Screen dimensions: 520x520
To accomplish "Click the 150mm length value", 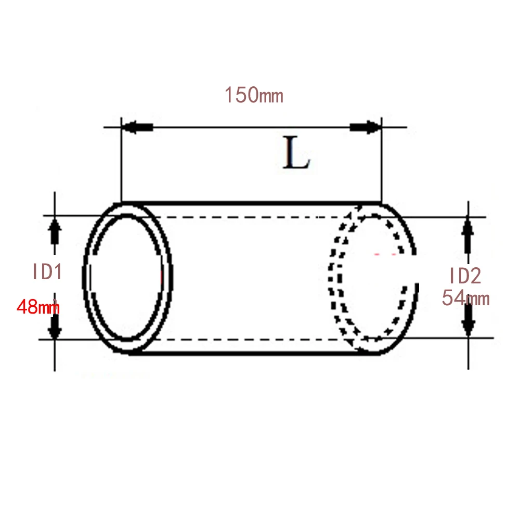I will coord(253,95).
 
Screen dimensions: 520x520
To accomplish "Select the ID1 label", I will coord(47,272).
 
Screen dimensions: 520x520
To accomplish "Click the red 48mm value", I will coord(38,307).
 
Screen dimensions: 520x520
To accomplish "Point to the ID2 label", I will coord(465,276).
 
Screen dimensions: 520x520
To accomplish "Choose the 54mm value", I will coord(465,298).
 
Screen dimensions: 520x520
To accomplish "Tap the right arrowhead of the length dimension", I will coord(364,127).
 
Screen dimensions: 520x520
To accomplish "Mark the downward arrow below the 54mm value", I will coord(469,319).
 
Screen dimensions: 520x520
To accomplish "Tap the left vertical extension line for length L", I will coord(121,166).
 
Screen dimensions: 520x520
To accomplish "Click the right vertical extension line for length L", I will coord(382,166).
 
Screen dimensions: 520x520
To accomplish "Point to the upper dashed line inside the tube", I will coord(250,216).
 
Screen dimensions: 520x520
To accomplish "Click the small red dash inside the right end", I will coord(385,255).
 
